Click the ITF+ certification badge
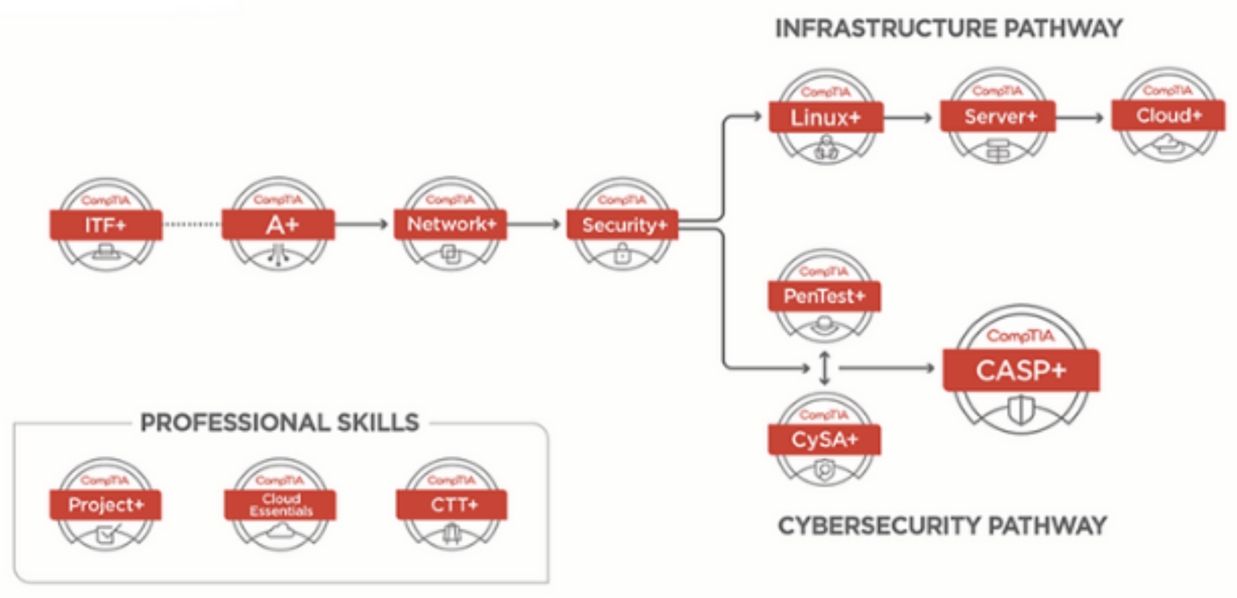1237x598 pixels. (105, 225)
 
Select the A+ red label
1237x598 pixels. (279, 224)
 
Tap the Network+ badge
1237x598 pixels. (450, 224)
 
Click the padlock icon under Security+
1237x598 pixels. (622, 253)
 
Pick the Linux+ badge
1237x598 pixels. (825, 118)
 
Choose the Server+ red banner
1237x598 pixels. (998, 117)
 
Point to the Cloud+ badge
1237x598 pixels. (1168, 115)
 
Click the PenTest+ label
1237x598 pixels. (824, 296)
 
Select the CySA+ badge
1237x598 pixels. (824, 440)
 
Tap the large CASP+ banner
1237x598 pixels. (1021, 370)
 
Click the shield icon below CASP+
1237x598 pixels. (1021, 409)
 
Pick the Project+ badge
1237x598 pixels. (105, 505)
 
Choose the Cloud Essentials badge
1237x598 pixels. (281, 505)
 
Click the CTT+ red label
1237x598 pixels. (452, 505)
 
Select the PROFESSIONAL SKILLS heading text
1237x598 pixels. (279, 423)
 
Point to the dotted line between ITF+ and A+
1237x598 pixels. (192, 224)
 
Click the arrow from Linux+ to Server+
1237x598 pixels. (908, 118)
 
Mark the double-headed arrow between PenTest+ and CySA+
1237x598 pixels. (824, 368)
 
